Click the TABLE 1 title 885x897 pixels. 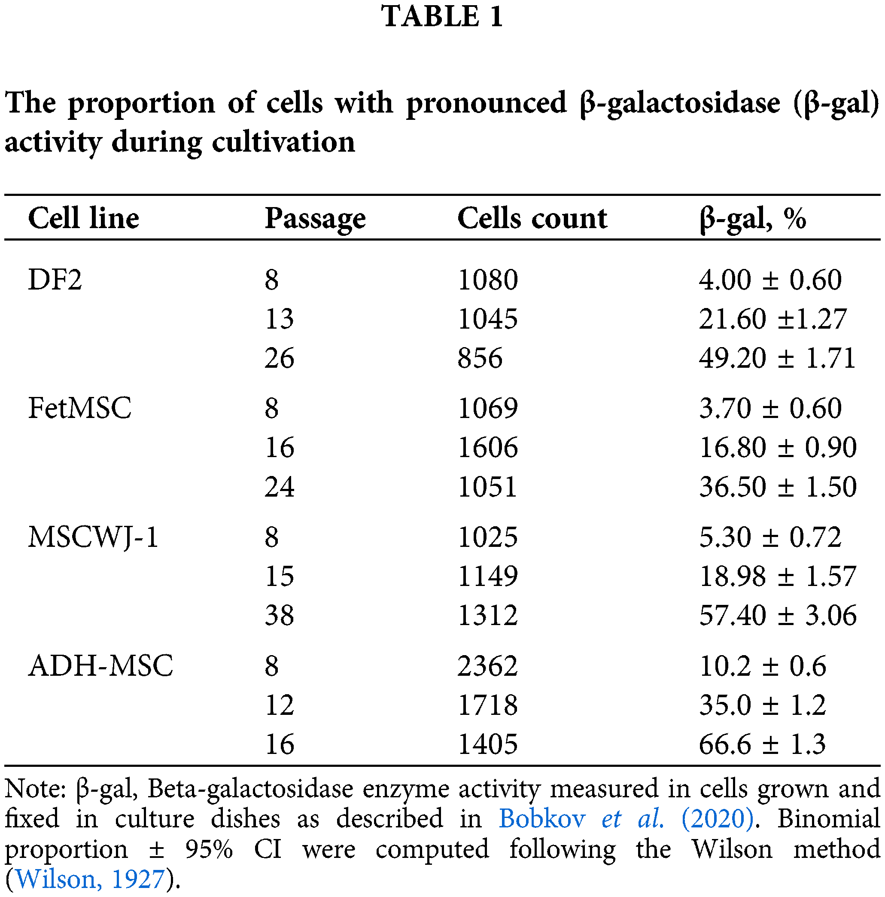[x=442, y=17]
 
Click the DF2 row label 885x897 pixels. [x=55, y=280]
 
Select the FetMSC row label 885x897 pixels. [x=80, y=409]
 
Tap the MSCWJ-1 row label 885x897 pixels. [x=93, y=537]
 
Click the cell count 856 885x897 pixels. [x=480, y=358]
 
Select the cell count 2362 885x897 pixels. [x=487, y=666]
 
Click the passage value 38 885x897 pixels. [x=280, y=616]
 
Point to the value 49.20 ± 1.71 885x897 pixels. [x=777, y=358]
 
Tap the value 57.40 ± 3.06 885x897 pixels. [x=777, y=616]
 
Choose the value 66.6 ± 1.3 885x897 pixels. [x=762, y=744]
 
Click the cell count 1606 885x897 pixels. [x=487, y=448]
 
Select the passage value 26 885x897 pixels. [x=280, y=358]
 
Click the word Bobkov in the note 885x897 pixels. [x=541, y=818]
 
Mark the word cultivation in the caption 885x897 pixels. [x=283, y=142]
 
